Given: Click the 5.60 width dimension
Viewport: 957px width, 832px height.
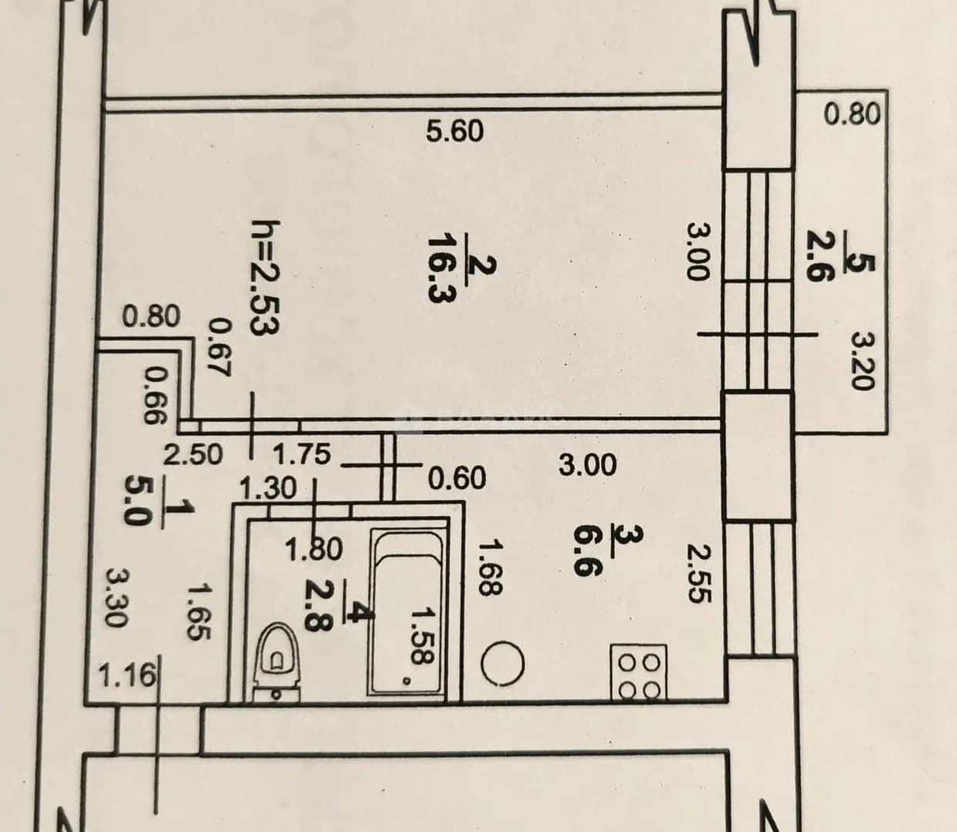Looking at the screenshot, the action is (x=454, y=131).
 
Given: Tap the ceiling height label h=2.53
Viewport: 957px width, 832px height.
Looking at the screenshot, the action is (x=264, y=277).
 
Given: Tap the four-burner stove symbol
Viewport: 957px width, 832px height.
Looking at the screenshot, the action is (x=639, y=673).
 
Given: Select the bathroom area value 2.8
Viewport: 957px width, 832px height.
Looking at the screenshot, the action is (x=316, y=606).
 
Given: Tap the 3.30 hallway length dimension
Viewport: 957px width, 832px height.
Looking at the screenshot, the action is (x=116, y=598).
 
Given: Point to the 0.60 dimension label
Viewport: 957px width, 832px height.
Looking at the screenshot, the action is (x=458, y=478).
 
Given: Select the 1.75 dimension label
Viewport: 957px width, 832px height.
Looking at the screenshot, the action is (x=302, y=453).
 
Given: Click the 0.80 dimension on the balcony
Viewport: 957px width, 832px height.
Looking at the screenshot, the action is (x=852, y=115).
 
